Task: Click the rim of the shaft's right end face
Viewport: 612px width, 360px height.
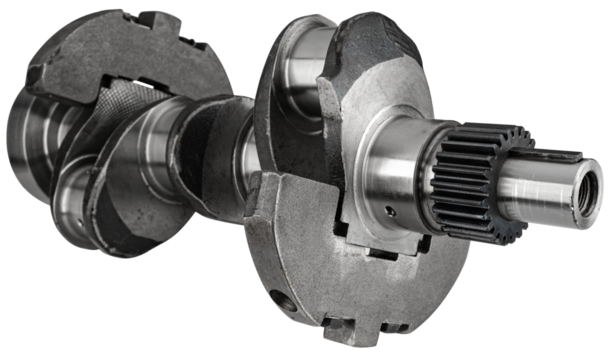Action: (x=601, y=180)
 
